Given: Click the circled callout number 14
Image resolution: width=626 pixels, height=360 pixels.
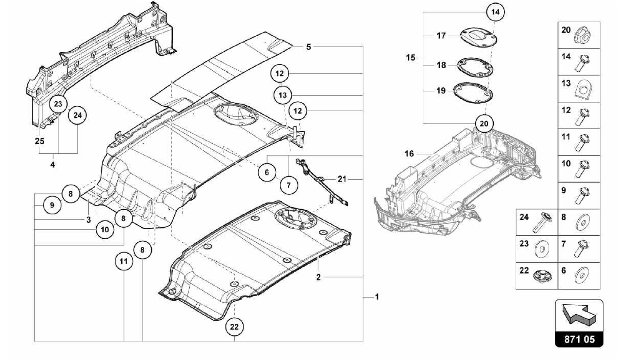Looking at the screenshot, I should pos(495,12).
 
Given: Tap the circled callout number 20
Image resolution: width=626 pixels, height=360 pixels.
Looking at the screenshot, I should pos(484,124).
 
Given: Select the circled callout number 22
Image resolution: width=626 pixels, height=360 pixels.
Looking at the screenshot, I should pos(234,327).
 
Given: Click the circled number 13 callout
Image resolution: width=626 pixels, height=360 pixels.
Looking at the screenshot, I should pos(282,95).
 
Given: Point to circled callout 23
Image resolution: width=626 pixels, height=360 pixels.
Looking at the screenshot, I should pos(58,104).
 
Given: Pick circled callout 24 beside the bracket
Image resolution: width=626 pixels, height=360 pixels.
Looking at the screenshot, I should pos(78,115).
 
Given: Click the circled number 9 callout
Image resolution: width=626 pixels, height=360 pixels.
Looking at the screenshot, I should pos(52,205).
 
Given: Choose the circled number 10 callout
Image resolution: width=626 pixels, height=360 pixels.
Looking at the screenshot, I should pos(105,230).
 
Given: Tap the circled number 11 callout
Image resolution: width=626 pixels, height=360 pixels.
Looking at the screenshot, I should pos(123,262).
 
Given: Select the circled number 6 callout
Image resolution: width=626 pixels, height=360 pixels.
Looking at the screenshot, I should pos(267,173).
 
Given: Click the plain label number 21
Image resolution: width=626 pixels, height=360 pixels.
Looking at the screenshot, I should pos(342,179).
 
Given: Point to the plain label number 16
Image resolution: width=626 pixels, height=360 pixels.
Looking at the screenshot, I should pos(409,154).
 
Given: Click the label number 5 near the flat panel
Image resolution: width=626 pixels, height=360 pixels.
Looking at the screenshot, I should pos(308,47).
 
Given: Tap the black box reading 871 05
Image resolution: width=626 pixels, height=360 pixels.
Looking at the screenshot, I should pos(579,340).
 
